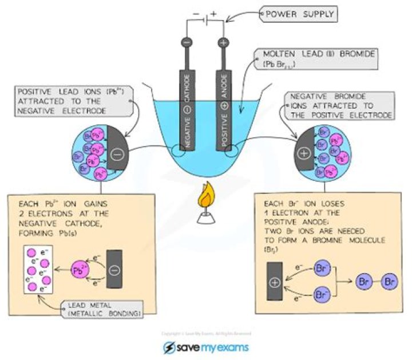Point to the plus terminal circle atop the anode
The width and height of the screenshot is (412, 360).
(223, 42)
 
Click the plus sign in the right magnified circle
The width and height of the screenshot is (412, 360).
(303, 153)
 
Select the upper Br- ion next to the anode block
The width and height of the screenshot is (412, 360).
(322, 268)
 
